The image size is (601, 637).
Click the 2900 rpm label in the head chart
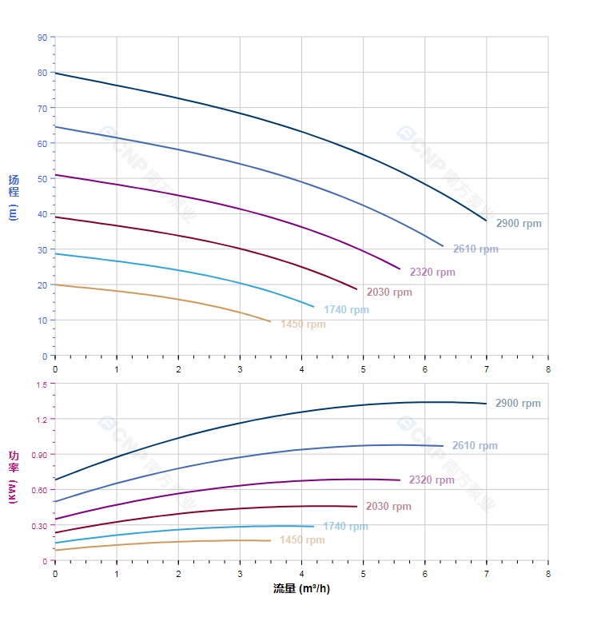pyautogui.click(x=519, y=224)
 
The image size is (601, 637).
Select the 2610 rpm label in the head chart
pyautogui.click(x=476, y=249)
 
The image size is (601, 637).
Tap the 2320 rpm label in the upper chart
pyautogui.click(x=432, y=273)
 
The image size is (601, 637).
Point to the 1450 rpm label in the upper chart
pyautogui.click(x=303, y=324)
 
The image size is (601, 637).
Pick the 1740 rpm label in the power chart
pyautogui.click(x=345, y=527)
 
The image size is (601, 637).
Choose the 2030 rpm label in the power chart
pyautogui.click(x=388, y=507)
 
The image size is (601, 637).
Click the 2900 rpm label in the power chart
pyautogui.click(x=518, y=404)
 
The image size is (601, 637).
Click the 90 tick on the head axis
pyautogui.click(x=42, y=38)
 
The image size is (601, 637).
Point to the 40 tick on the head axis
pyautogui.click(x=42, y=214)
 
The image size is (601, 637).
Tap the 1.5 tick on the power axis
pyautogui.click(x=42, y=384)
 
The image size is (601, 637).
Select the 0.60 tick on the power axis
pyautogui.click(x=40, y=490)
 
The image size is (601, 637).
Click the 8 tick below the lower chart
pyautogui.click(x=548, y=573)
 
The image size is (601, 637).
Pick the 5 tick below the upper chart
pyautogui.click(x=363, y=368)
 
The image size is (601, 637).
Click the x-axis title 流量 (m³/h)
pyautogui.click(x=301, y=589)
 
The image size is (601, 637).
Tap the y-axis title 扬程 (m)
pyautogui.click(x=14, y=197)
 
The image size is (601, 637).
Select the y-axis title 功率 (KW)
pyautogui.click(x=14, y=477)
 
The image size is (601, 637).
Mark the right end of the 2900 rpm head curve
pyautogui.click(x=486, y=221)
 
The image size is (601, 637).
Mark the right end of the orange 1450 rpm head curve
pyautogui.click(x=270, y=321)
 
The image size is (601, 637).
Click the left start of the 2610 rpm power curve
pyautogui.click(x=55, y=501)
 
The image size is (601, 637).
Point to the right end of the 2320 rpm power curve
pyautogui.click(x=400, y=480)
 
